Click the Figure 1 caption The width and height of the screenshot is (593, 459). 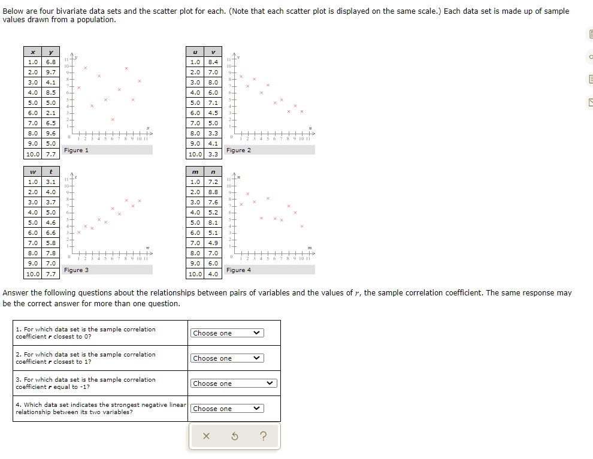[76, 150]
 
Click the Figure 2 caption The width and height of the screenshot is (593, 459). [238, 150]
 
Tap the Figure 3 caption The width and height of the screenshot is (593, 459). [76, 270]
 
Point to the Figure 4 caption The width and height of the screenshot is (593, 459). [238, 270]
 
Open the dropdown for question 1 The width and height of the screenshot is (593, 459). [227, 333]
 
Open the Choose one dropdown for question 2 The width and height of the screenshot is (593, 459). [227, 358]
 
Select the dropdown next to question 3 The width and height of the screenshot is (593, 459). [233, 383]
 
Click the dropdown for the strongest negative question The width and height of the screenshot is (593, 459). [227, 409]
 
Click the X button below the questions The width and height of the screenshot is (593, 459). [205, 436]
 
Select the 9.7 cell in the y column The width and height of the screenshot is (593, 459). [50, 72]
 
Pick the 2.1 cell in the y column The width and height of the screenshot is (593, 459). [50, 113]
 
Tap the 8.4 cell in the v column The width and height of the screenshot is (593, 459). [213, 62]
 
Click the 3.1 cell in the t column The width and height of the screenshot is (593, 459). [50, 182]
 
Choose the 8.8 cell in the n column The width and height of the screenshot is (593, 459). [213, 192]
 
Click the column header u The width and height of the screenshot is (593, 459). [195, 52]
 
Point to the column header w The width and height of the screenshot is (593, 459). [33, 171]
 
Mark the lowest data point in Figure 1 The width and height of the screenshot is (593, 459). [113, 120]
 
